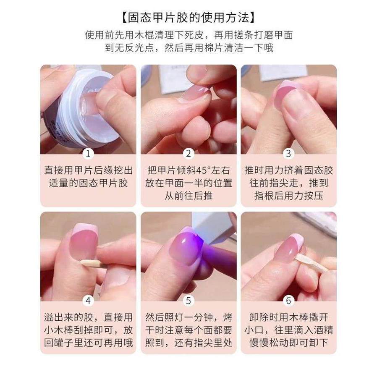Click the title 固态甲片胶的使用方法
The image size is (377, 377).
[188, 18]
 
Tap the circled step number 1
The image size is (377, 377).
[88, 154]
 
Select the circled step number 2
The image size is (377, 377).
[188, 154]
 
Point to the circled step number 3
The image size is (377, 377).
[288, 154]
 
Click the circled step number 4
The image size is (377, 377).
[88, 301]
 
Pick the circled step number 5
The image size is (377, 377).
[188, 301]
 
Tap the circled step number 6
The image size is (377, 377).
[288, 301]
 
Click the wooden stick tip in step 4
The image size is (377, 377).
[82, 262]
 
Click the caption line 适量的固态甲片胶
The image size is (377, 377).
[88, 183]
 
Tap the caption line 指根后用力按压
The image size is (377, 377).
[288, 196]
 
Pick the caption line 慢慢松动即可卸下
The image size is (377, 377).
[288, 343]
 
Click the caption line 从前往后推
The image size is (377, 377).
[188, 196]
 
